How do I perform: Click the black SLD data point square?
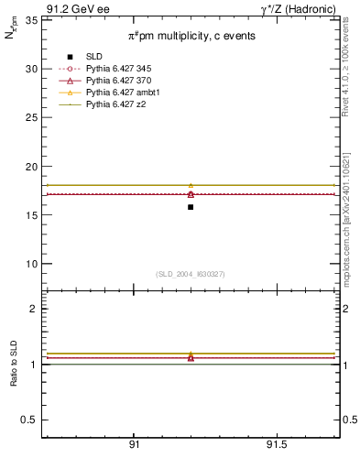[x=191, y=207]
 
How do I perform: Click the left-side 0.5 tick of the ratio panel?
[x=30, y=420]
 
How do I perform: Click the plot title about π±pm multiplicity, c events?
[x=191, y=36]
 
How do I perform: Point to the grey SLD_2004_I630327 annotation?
[x=191, y=274]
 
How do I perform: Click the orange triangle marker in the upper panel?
[x=191, y=186]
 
